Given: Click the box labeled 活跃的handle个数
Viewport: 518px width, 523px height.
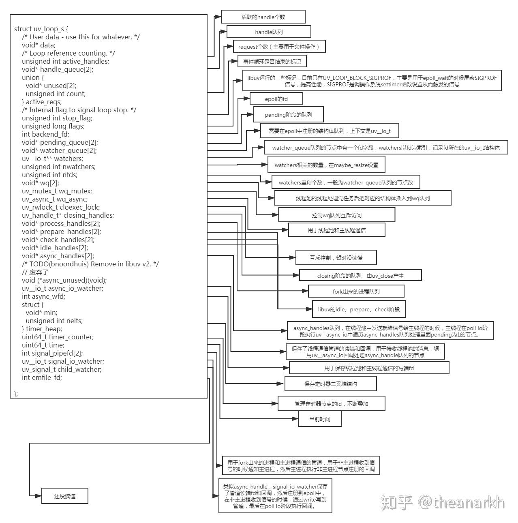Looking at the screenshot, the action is point(263,17).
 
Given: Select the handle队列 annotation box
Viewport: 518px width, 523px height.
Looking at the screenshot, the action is point(269,32).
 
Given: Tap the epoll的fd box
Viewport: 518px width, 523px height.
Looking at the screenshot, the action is point(276,99).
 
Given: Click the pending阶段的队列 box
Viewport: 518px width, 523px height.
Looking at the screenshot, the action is point(289,115).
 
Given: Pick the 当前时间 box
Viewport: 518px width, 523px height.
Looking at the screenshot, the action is point(320,419).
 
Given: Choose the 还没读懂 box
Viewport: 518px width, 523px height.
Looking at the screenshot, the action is point(64,496).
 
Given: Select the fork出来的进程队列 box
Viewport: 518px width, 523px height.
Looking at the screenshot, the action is point(356,291).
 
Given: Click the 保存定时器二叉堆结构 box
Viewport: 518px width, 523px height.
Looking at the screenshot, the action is point(330,384).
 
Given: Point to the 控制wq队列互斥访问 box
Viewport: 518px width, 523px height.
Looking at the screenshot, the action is point(336,215).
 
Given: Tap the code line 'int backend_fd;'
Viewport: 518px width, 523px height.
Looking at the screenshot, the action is point(45,134).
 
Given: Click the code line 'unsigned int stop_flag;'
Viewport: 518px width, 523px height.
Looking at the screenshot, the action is point(57,118).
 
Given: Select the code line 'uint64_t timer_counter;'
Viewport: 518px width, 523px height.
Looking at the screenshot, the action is point(58,337).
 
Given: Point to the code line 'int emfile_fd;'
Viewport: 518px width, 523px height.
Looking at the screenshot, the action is point(42,377).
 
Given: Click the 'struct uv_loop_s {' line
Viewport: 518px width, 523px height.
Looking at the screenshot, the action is point(41,29).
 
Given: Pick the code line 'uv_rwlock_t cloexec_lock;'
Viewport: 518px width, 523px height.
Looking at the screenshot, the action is point(61,207).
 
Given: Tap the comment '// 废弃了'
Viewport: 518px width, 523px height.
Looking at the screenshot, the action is point(35,272).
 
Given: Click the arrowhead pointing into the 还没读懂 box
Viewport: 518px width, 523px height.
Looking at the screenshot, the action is point(39,496).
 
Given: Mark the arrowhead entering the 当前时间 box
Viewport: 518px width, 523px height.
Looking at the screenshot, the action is point(295,418).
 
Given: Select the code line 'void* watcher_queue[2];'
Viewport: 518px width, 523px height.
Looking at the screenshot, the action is point(59,150).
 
